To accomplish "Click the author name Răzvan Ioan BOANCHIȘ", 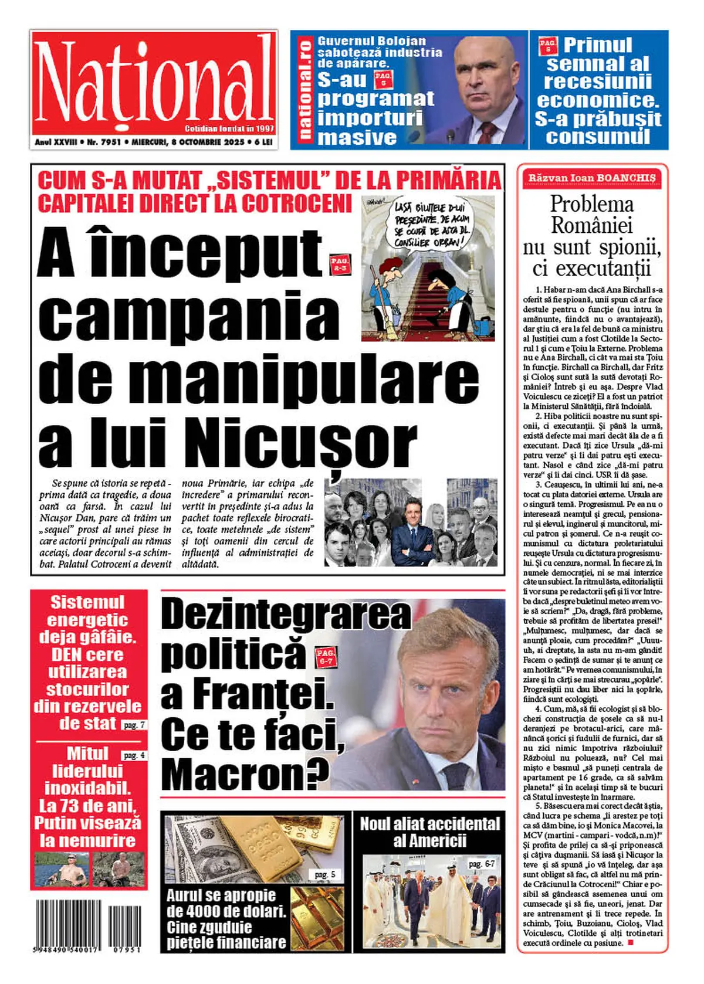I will point(592,178).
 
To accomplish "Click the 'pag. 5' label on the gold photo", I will point(324,874).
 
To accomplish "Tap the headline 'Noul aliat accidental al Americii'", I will point(429,832).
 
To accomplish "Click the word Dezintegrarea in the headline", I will point(286,614).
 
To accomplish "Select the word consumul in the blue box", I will point(598,137).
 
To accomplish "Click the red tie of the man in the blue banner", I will point(486,131).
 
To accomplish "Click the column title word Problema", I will point(592,204).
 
